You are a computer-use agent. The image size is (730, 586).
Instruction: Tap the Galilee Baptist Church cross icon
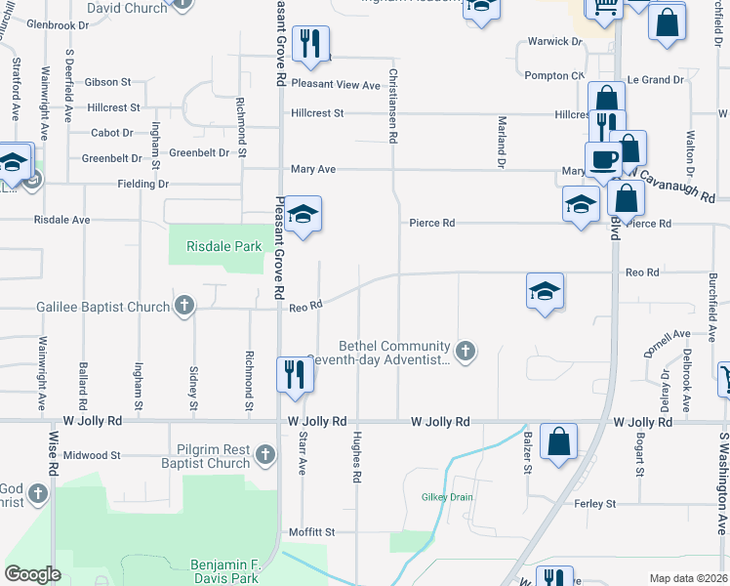pos(182,307)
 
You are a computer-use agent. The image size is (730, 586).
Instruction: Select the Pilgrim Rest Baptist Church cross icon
pos(264,454)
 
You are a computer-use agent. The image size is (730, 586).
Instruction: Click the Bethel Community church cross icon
pos(466,350)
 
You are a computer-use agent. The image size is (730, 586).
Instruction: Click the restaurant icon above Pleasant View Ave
pos(311,43)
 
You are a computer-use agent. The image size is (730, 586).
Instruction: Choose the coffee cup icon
pos(602,158)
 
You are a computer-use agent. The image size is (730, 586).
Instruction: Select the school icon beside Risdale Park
pos(304,215)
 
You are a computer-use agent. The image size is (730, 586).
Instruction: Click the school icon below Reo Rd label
pos(545,290)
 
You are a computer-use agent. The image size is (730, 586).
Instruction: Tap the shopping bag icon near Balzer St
pos(558,440)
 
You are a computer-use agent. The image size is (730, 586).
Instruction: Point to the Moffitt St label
pos(311,532)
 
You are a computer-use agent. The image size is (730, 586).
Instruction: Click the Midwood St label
pos(92,455)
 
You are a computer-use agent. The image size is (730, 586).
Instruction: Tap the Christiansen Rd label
pos(394,106)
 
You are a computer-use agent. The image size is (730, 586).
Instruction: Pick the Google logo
pos(32,574)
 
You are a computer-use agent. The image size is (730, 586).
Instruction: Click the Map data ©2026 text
pos(687,578)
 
